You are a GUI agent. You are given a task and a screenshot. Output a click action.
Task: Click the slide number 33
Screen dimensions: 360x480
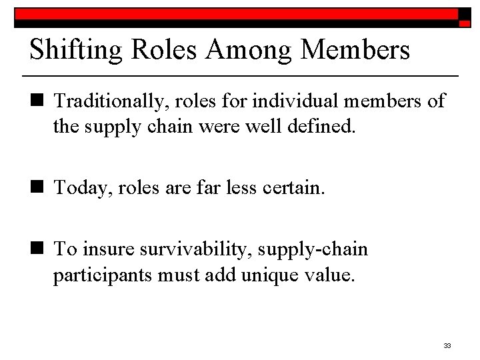pos(447,345)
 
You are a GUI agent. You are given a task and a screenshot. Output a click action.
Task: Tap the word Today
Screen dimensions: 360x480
pos(81,189)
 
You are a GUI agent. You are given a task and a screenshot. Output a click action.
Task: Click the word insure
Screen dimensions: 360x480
pos(112,250)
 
